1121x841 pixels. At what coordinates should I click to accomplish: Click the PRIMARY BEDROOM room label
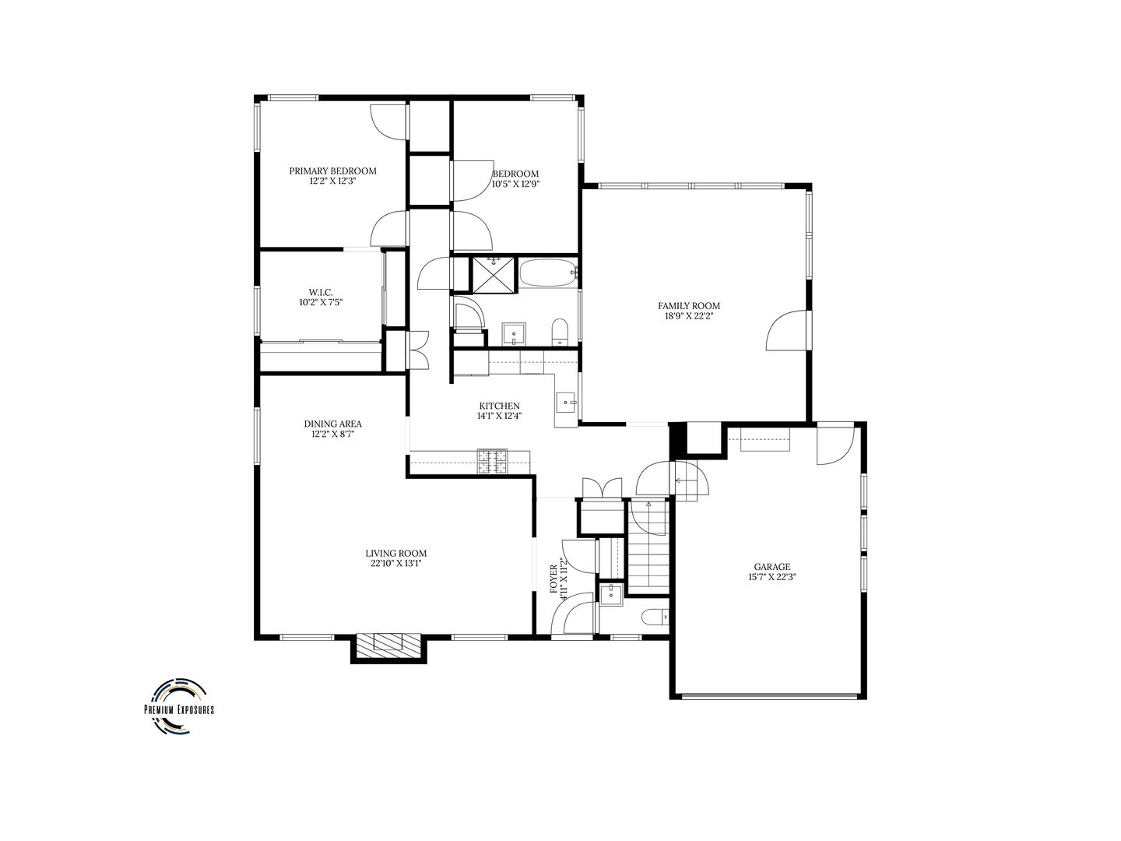(332, 171)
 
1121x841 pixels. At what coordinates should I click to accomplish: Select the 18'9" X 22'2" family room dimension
(689, 317)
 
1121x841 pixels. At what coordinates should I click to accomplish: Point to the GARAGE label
(771, 567)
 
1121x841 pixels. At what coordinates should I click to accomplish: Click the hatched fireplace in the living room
(388, 642)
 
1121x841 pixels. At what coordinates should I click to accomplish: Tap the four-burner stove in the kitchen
(492, 462)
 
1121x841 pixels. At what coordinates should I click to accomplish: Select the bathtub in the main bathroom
(548, 273)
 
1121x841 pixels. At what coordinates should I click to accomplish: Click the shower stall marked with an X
(494, 275)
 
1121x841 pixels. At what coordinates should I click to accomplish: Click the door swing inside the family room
(785, 330)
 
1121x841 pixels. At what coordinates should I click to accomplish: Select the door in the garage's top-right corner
(835, 445)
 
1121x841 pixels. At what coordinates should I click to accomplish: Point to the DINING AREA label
(332, 424)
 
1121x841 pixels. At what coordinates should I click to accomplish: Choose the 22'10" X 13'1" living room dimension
(396, 563)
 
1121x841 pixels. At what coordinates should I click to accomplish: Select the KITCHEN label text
(499, 406)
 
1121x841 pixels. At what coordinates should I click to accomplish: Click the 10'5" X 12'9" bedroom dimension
(515, 185)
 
